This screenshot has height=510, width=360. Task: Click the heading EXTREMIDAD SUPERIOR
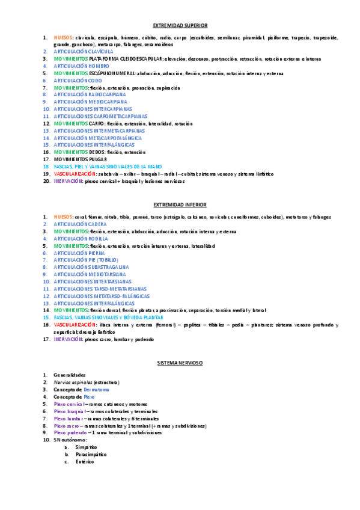coord(180,25)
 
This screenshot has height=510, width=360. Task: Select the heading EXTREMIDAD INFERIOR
coord(180,205)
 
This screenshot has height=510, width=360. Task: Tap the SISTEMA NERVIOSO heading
coord(180,364)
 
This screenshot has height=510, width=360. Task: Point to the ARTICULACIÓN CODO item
coord(78,80)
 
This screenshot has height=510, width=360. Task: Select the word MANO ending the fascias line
coord(155,166)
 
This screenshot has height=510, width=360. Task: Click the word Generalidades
coord(69,375)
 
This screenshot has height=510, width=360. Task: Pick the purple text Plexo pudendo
coord(70,432)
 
